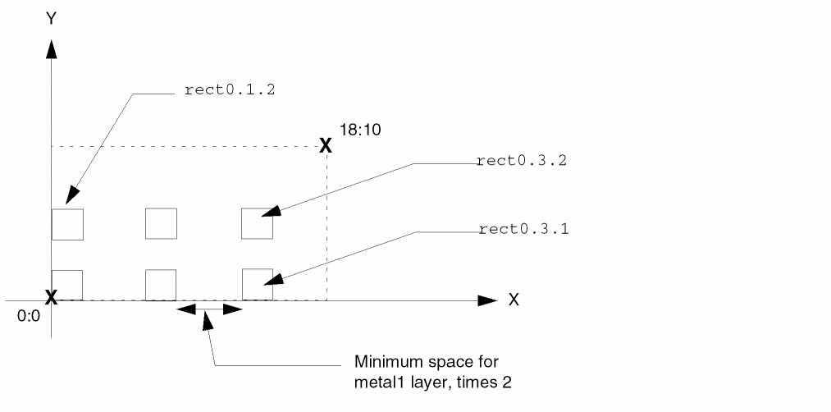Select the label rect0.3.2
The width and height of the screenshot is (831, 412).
pos(521,161)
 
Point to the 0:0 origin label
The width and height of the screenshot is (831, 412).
pos(28,315)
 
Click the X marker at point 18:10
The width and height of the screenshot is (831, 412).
pos(326,146)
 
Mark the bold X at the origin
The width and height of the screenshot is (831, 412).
pos(51,297)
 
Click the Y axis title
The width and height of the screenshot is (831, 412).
pos(51,18)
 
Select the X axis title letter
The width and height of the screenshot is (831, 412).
pos(514,300)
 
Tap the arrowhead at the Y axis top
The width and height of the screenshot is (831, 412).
pos(51,48)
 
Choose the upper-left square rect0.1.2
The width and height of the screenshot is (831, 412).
pos(67,224)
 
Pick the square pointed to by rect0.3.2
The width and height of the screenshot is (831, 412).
pos(257,224)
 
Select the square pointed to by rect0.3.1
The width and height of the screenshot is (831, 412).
pos(258,284)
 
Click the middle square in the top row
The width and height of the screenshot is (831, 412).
pos(161,224)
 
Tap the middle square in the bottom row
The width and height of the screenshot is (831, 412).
pos(161,284)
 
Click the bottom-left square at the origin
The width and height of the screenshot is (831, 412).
pos(67,284)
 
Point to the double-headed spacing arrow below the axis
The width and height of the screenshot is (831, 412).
pos(210,309)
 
